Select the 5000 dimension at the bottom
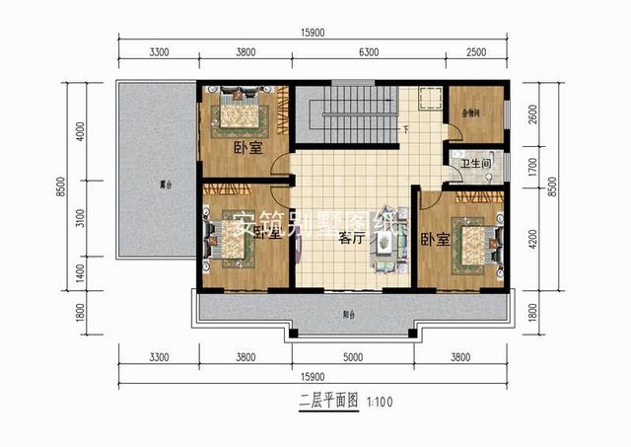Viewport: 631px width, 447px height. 352,356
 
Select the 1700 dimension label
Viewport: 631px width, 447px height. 533,166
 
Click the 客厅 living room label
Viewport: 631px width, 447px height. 350,238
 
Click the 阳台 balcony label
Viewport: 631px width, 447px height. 349,316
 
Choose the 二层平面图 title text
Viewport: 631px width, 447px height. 328,402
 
